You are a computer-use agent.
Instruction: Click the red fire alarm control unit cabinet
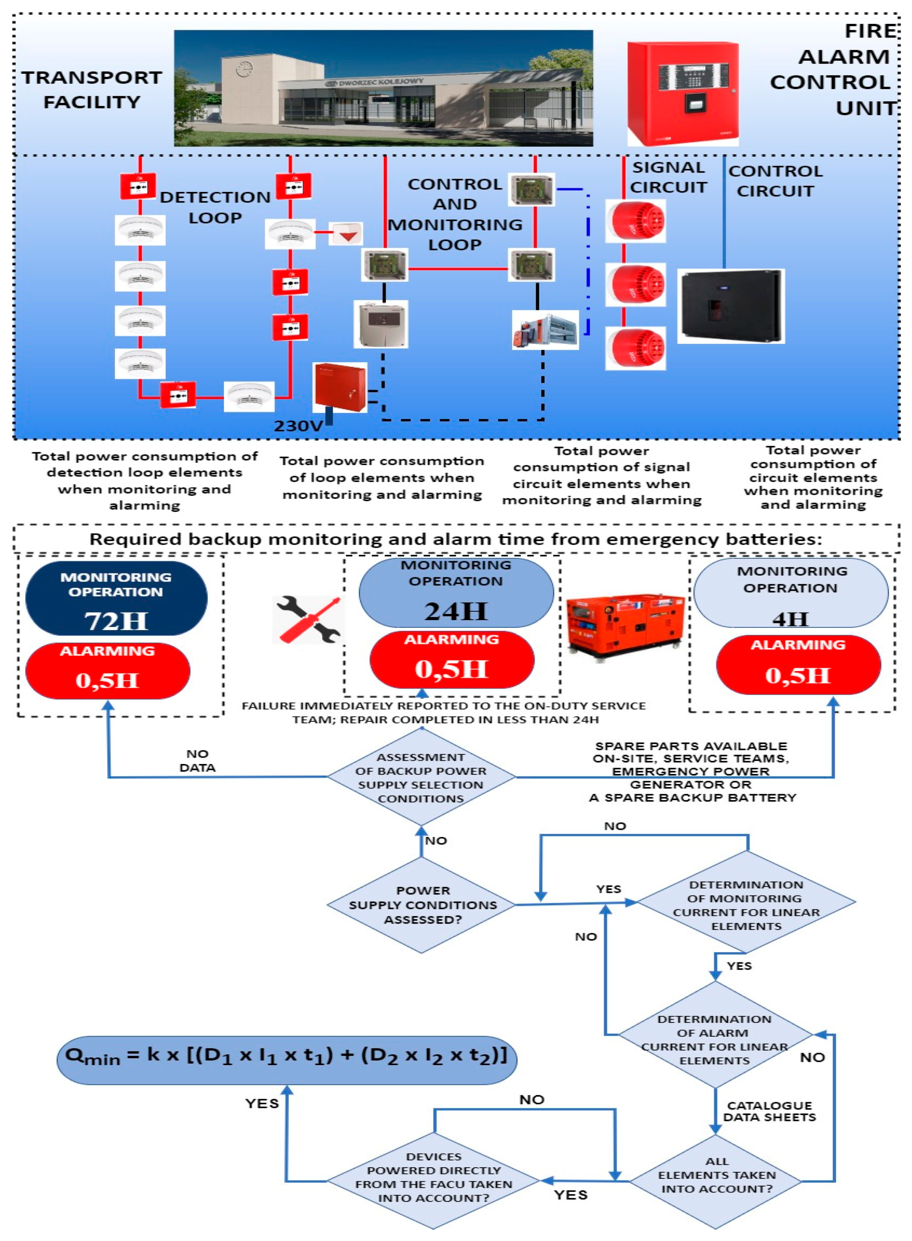pos(682,94)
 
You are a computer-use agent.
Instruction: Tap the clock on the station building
pos(244,69)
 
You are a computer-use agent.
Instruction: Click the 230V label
pos(298,426)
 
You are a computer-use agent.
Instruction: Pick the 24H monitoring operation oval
pos(456,592)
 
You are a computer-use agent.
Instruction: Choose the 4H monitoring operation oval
pos(791,593)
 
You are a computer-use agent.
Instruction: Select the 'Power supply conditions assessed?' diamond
pos(422,905)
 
